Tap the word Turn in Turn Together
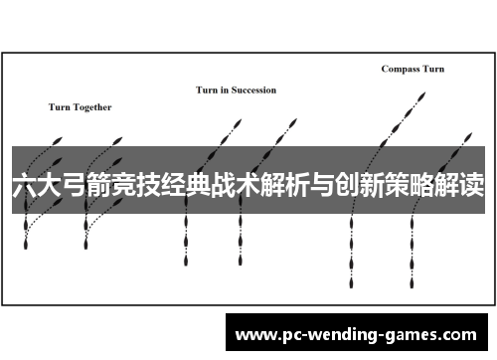point(59,107)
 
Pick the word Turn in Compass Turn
point(433,69)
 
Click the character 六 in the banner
point(23,186)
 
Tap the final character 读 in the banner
point(473,186)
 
